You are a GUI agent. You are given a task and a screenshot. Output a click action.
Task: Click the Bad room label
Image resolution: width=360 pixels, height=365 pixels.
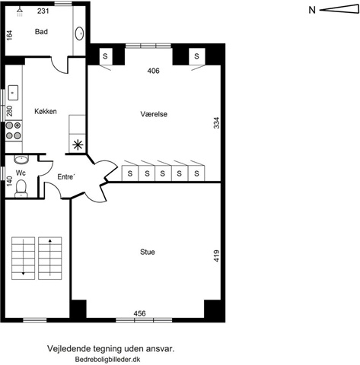[41, 32]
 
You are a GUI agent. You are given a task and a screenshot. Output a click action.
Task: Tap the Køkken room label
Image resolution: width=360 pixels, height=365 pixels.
[46, 111]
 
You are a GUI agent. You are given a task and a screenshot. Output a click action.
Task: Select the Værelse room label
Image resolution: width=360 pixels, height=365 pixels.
[154, 114]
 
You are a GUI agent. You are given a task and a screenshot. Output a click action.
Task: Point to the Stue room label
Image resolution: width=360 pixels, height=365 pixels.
[148, 252]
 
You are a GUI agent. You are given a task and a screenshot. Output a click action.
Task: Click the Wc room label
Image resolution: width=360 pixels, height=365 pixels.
[21, 173]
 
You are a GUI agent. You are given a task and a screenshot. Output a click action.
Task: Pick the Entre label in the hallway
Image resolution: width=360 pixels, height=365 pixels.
[66, 176]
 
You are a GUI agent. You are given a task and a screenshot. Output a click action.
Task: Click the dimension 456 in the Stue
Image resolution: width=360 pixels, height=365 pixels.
[139, 313]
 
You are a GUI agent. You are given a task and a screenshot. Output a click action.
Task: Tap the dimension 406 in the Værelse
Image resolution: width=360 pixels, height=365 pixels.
[154, 71]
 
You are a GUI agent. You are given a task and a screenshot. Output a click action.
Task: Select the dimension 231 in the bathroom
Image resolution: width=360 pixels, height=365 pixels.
[43, 11]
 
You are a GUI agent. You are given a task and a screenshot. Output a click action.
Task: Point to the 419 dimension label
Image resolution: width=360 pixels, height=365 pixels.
[216, 255]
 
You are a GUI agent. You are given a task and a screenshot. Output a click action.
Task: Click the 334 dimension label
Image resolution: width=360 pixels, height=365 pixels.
[216, 123]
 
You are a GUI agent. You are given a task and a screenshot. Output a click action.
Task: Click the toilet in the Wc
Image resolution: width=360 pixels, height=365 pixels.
[21, 189]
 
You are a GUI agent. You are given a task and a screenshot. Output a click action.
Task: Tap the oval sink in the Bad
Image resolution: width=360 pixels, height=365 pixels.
[79, 33]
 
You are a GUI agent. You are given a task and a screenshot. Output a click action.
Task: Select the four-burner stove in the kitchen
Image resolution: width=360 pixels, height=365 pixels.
[14, 131]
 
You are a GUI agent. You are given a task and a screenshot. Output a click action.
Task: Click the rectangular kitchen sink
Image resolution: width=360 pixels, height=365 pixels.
[13, 93]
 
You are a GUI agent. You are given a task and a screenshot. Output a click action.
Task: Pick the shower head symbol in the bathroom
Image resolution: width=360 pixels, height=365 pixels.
[20, 11]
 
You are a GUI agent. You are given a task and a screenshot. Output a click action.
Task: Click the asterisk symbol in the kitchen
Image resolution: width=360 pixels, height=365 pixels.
[78, 145]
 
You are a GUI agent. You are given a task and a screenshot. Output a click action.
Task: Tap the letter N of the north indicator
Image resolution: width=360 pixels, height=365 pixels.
[312, 10]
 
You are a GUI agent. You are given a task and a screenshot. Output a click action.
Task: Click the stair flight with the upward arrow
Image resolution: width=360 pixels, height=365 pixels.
[50, 259]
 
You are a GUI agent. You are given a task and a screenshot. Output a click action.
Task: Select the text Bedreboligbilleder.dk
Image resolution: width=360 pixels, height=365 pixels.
[107, 360]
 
